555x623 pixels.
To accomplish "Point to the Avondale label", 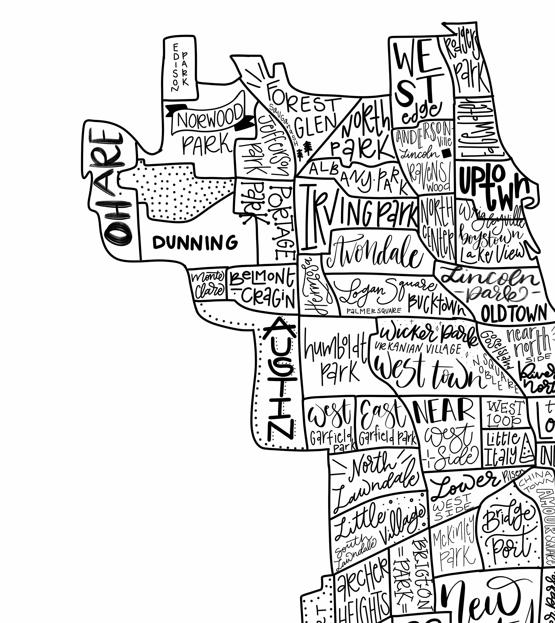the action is pyautogui.click(x=375, y=253).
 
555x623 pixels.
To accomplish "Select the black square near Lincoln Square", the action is pyautogui.click(x=447, y=153).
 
